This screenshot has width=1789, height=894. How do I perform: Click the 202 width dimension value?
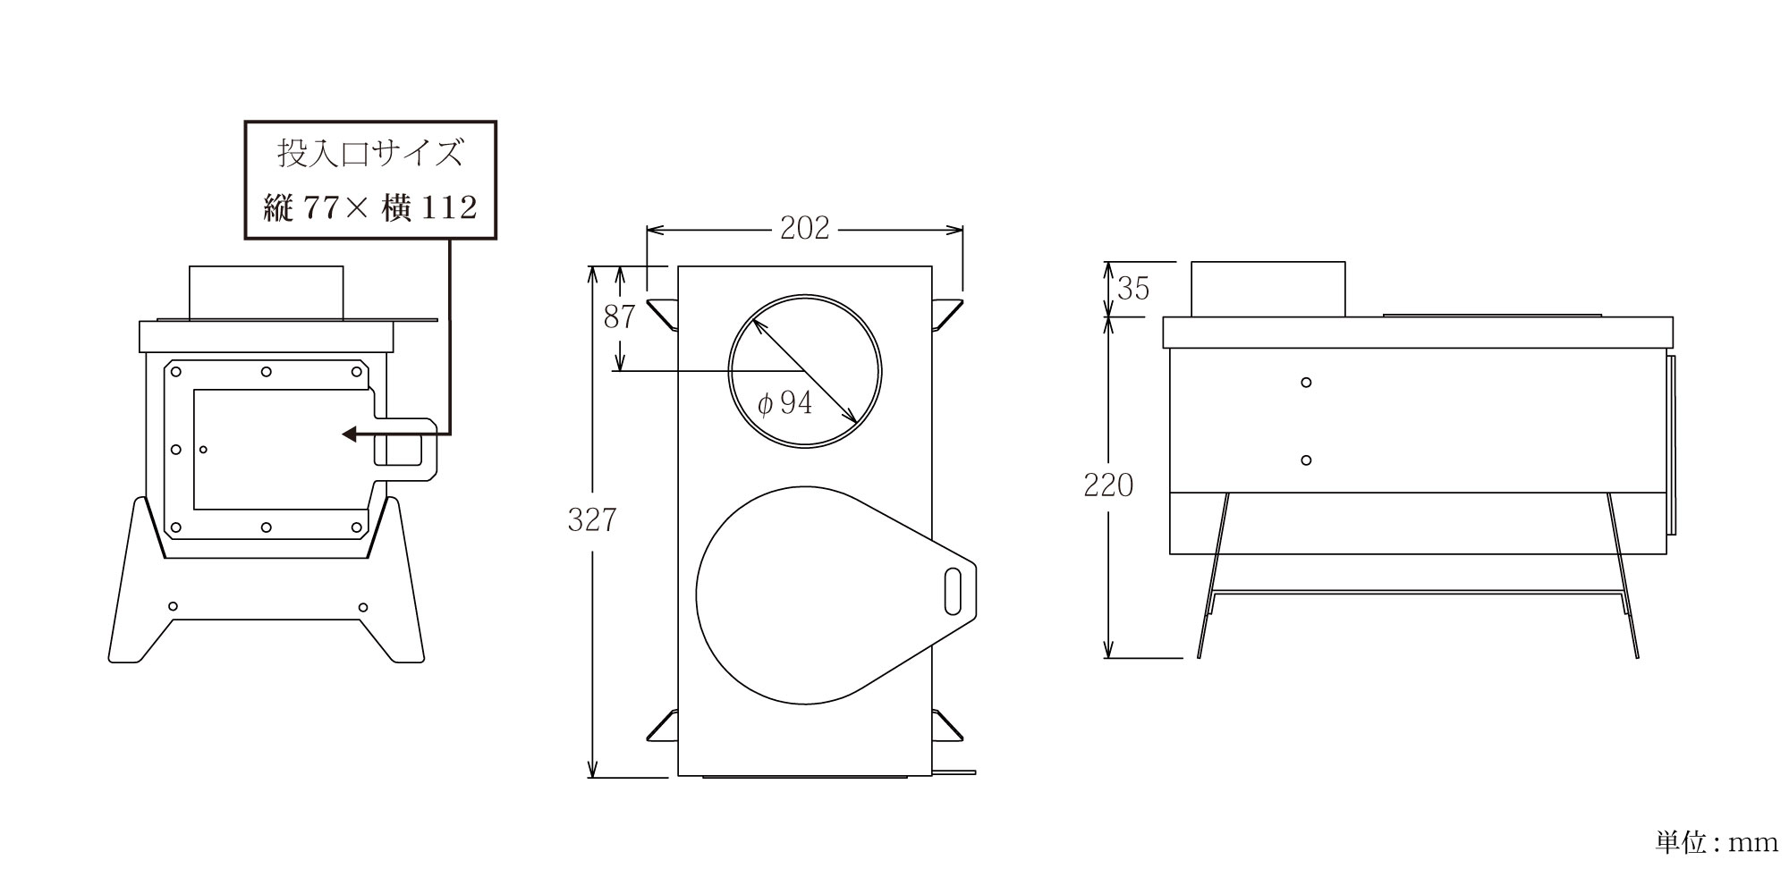[x=804, y=229]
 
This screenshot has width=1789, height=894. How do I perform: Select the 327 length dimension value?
[x=592, y=520]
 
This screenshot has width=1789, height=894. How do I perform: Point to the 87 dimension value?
[x=619, y=316]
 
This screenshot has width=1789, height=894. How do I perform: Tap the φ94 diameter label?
[x=784, y=404]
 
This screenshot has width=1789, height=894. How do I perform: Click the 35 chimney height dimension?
[x=1133, y=289]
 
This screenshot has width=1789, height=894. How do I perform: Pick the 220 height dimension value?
[x=1108, y=485]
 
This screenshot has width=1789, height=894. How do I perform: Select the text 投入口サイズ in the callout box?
[x=370, y=154]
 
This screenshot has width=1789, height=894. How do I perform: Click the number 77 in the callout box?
[x=321, y=208]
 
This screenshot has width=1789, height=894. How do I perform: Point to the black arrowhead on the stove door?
[x=350, y=434]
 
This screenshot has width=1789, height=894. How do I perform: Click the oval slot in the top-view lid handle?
[x=954, y=591]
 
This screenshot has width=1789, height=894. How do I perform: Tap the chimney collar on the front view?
[x=266, y=292]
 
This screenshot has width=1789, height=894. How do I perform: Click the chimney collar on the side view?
[x=1268, y=289]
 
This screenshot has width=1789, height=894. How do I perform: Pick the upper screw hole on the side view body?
[x=1306, y=383]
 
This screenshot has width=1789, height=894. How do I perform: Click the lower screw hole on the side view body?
[x=1306, y=460]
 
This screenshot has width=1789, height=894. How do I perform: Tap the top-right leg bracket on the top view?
[x=947, y=314]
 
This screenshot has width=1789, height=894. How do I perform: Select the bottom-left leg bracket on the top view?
[x=662, y=725]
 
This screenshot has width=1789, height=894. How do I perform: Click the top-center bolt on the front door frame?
[x=267, y=372]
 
